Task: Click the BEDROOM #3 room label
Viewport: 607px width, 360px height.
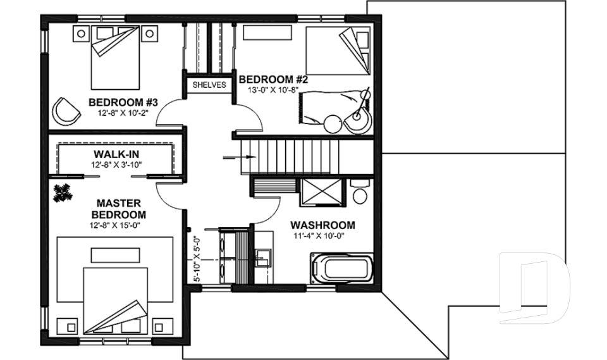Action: click(123, 102)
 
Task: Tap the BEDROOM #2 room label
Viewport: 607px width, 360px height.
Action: click(273, 79)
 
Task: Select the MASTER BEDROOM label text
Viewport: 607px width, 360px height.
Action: click(121, 209)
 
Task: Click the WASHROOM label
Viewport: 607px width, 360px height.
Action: click(322, 225)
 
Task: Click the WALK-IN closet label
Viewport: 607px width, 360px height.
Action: click(116, 154)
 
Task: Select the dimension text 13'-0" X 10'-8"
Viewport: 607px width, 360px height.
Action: click(273, 90)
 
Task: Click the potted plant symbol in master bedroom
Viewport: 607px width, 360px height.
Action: click(62, 192)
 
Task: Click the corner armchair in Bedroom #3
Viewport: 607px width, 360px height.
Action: click(66, 110)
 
